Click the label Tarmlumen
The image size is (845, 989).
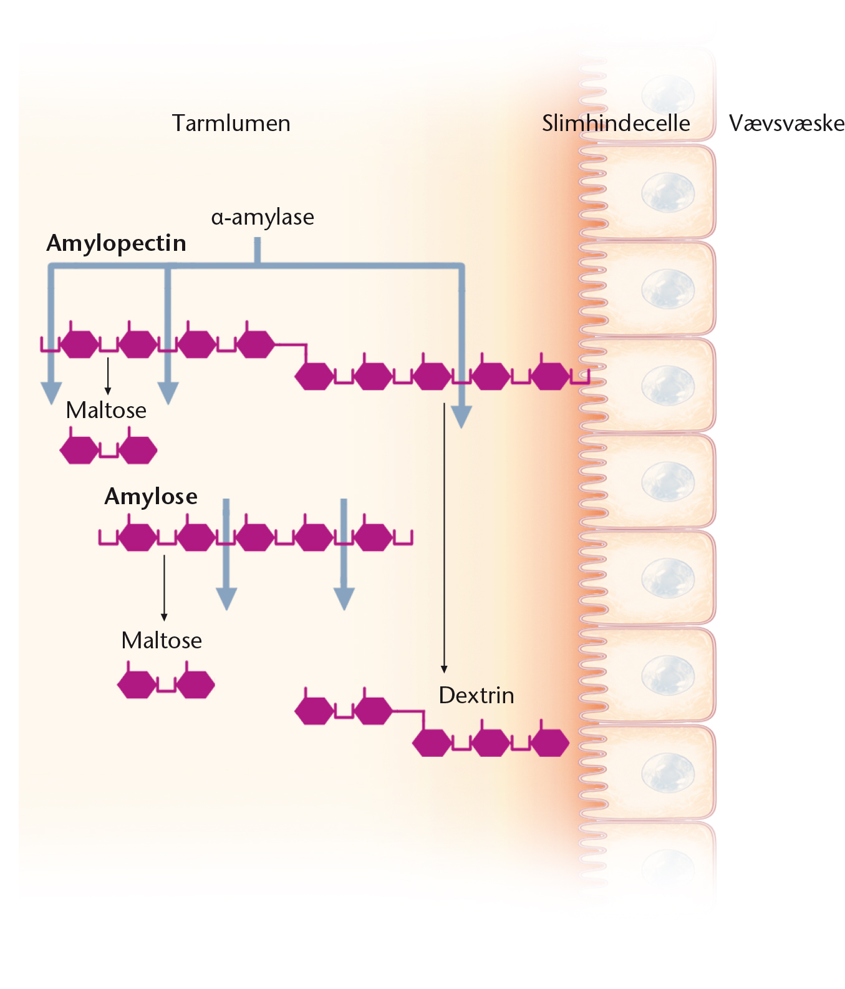(x=231, y=123)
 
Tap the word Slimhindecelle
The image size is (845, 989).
(x=616, y=123)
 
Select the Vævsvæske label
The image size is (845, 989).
(x=786, y=123)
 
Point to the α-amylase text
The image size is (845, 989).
(x=263, y=217)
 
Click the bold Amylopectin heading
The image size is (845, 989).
(x=117, y=243)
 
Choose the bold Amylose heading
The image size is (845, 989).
(x=151, y=496)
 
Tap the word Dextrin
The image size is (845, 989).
(x=476, y=695)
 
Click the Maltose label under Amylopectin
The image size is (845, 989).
(x=106, y=410)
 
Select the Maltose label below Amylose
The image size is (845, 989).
(x=162, y=640)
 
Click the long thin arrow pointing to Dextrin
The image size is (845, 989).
(x=444, y=538)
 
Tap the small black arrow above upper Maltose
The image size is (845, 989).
(x=108, y=376)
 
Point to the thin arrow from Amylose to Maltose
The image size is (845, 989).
(x=164, y=588)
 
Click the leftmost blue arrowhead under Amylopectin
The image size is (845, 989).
(x=51, y=393)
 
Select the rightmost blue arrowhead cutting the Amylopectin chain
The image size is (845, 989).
(x=461, y=417)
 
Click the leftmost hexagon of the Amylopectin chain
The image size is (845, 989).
(x=79, y=344)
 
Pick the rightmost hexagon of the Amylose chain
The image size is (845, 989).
(x=373, y=537)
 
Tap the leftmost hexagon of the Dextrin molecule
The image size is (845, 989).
(x=314, y=711)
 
